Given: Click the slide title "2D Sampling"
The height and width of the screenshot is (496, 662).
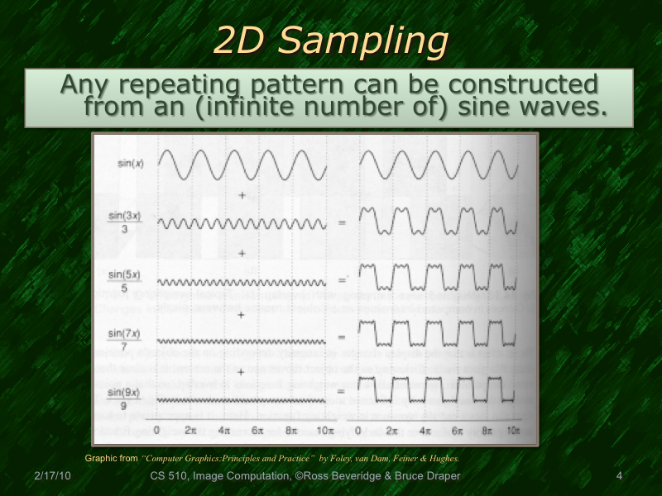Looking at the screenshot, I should click(x=331, y=39).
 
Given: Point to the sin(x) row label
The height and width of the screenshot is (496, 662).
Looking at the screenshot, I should click(x=130, y=164).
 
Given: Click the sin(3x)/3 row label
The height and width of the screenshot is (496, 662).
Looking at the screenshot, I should click(x=125, y=222).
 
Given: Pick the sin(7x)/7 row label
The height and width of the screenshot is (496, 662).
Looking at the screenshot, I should click(x=125, y=340).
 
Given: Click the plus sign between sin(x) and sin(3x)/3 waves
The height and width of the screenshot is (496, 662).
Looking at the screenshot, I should click(x=242, y=195).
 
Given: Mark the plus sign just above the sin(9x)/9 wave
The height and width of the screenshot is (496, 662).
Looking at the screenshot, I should click(x=242, y=371).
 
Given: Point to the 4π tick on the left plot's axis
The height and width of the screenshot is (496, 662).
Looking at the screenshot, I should click(x=224, y=431).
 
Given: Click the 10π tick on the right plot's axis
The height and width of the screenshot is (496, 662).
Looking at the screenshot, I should click(x=512, y=431).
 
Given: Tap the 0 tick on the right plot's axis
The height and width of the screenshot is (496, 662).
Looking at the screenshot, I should click(x=358, y=431).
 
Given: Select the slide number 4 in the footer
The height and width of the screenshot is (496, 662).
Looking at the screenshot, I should click(x=619, y=476).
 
